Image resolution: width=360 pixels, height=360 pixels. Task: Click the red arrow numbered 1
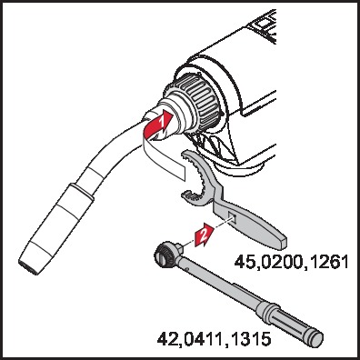[157, 125]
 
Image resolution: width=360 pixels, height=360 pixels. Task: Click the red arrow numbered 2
[203, 235]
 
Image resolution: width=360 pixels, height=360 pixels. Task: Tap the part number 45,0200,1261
[292, 262]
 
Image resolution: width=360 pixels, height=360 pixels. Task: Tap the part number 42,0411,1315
[214, 338]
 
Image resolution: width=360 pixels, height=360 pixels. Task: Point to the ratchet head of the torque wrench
[165, 254]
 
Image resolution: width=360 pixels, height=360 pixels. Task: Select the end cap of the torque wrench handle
[315, 338]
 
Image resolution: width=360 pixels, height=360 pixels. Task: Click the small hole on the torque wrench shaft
[188, 268]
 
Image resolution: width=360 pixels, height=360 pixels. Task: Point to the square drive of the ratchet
[179, 246]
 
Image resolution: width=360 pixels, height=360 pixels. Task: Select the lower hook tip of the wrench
[185, 195]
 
